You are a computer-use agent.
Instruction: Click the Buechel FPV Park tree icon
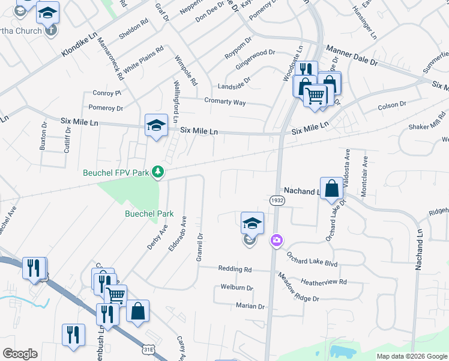(x=158, y=173)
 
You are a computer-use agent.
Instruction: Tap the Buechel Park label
(x=149, y=214)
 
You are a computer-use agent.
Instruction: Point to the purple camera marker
(x=276, y=241)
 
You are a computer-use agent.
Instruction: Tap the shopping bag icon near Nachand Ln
(x=331, y=189)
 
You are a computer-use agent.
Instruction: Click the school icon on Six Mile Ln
(x=155, y=125)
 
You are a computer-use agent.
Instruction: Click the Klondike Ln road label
(x=79, y=46)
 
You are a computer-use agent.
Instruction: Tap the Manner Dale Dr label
(x=352, y=55)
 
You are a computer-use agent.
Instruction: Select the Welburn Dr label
(x=237, y=288)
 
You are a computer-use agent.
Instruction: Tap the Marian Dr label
(x=250, y=306)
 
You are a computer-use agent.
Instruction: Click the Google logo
(x=20, y=354)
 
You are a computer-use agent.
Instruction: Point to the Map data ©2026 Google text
(x=411, y=356)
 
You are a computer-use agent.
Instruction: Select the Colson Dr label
(x=391, y=105)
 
